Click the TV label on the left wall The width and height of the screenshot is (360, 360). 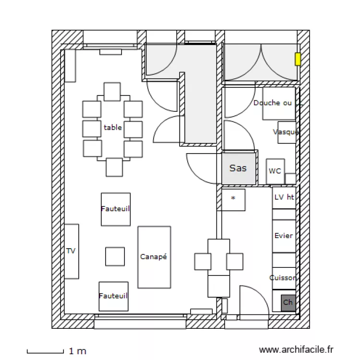pyautogui.click(x=71, y=251)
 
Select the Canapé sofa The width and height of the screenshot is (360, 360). pyautogui.click(x=154, y=257)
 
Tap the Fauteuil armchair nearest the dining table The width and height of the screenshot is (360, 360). pyautogui.click(x=116, y=209)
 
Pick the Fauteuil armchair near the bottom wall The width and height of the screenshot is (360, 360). pyautogui.click(x=113, y=296)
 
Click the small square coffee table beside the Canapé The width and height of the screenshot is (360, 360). pyautogui.click(x=115, y=256)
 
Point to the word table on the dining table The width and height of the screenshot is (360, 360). pyautogui.click(x=113, y=128)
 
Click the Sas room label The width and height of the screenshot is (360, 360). pyautogui.click(x=238, y=168)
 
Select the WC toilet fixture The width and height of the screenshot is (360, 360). pyautogui.click(x=275, y=171)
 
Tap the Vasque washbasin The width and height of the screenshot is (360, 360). pyautogui.click(x=287, y=132)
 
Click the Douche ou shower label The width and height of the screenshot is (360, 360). pyautogui.click(x=273, y=103)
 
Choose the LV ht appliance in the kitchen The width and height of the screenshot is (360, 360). pyautogui.click(x=284, y=197)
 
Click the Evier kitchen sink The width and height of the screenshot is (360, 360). pyautogui.click(x=284, y=236)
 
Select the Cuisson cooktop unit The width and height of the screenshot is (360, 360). pyautogui.click(x=284, y=278)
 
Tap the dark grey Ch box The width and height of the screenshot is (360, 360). pyautogui.click(x=288, y=302)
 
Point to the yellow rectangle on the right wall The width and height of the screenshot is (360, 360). pyautogui.click(x=298, y=59)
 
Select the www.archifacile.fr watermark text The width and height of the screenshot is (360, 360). pyautogui.click(x=296, y=350)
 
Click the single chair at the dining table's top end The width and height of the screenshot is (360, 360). pyautogui.click(x=112, y=92)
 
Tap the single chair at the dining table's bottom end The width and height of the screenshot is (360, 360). pyautogui.click(x=114, y=167)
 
